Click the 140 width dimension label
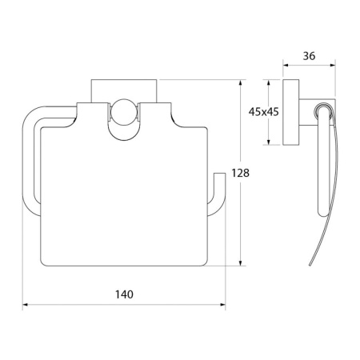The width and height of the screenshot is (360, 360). click(x=124, y=294)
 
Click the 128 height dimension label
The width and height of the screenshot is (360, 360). click(x=240, y=173)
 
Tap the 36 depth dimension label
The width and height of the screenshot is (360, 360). click(x=309, y=56)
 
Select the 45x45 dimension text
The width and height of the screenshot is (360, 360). click(x=263, y=112)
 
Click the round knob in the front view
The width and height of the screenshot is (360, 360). click(x=123, y=112)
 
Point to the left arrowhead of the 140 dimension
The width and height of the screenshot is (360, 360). click(x=26, y=305)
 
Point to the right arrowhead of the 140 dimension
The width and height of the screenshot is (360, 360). click(x=222, y=305)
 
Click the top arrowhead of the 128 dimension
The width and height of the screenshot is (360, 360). click(x=241, y=82)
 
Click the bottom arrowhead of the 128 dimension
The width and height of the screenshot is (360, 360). click(x=241, y=262)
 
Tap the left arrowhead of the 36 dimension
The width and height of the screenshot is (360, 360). click(x=286, y=65)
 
